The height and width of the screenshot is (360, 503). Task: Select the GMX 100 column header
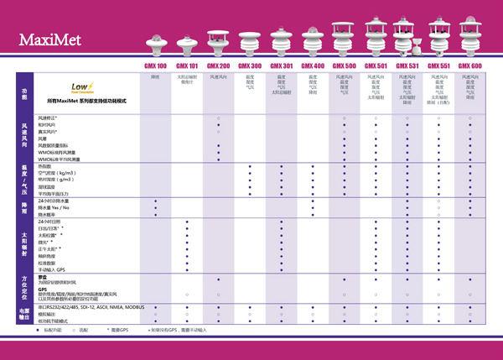coord(156,65)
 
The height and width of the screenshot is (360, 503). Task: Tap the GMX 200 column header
coord(218,65)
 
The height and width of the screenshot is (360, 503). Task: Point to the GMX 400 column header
coord(313,65)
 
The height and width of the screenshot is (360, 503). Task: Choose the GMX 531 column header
coord(407,65)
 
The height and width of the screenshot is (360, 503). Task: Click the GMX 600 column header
coord(469,65)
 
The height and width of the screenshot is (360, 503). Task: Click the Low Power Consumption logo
coord(81,86)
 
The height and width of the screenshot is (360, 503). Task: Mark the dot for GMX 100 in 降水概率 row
coord(156,214)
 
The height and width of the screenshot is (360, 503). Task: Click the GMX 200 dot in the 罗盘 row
coord(218,279)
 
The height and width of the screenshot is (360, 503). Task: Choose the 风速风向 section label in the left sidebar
coord(24,138)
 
